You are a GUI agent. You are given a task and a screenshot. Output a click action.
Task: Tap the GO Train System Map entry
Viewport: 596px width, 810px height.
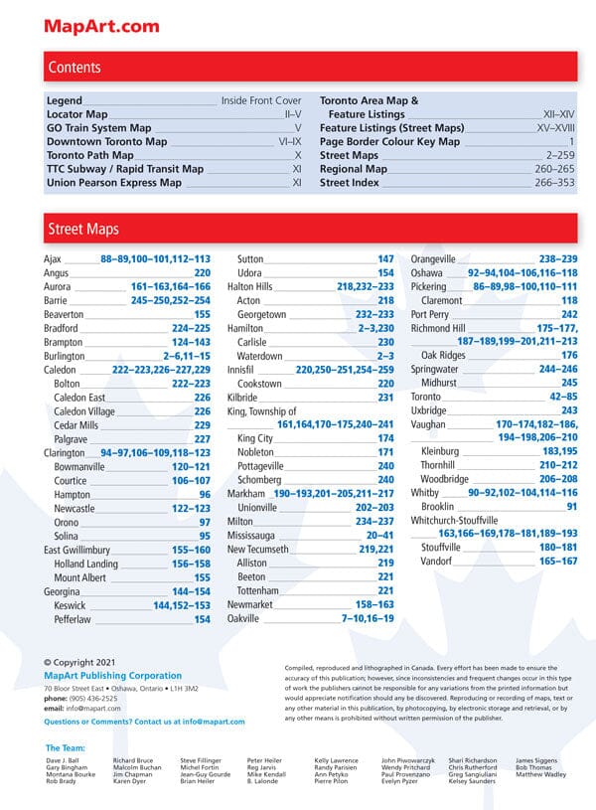point(99,128)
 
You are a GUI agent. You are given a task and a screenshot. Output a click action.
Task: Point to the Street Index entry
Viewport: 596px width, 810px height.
point(350,183)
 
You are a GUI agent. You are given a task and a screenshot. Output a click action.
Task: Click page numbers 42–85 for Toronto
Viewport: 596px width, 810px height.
point(557,397)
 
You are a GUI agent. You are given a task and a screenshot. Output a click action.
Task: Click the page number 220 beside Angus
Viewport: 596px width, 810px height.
point(202,272)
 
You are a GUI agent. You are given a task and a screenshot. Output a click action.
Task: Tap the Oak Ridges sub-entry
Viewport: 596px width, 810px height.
point(443,355)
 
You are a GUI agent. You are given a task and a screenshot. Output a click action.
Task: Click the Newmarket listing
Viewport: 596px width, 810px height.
point(251,604)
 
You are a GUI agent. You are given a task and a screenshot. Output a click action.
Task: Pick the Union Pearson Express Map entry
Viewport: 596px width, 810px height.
point(114,183)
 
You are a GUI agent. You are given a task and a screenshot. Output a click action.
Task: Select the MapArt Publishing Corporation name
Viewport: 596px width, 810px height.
point(113,676)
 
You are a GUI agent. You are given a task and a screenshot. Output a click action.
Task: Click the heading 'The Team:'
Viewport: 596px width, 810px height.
point(66,747)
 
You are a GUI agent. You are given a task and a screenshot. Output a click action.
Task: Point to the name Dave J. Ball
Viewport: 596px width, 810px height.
point(63,760)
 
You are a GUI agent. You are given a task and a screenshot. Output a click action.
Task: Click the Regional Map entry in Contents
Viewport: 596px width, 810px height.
point(354,169)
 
